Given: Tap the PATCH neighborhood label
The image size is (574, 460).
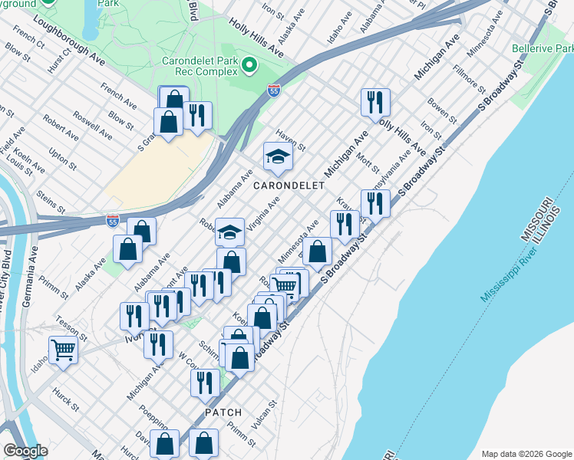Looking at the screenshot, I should point(223,412).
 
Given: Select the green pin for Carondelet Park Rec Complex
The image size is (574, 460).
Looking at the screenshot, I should point(249,66).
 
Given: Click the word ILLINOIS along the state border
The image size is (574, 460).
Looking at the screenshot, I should point(547,222).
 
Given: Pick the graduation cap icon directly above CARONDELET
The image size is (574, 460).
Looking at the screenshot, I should point(278,156).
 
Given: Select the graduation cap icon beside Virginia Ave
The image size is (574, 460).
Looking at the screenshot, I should point(229,231).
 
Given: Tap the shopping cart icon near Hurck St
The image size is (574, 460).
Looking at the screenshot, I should point(64,350).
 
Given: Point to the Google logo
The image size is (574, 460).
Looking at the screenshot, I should point(25,450).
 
